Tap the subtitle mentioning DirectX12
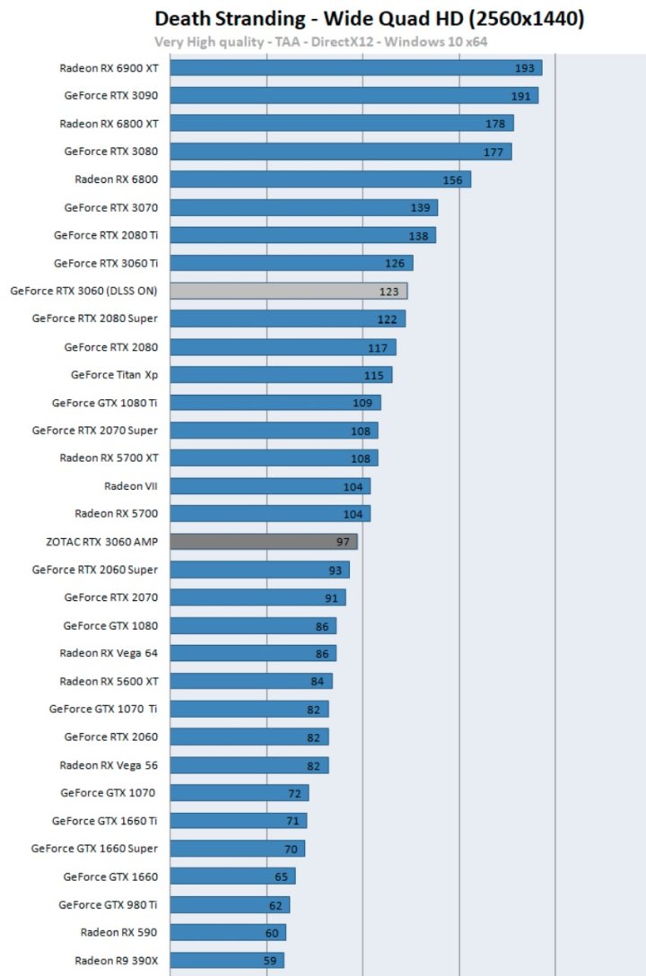pos(320,41)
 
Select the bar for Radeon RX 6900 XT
pos(355,68)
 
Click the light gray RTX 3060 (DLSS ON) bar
pos(288,291)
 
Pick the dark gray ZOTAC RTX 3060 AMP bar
pos(263,541)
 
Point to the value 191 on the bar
pos(521,96)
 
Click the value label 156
pos(452,179)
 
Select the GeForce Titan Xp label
pos(114,374)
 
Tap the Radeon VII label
pos(131,485)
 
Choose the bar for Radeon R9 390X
pos(226,960)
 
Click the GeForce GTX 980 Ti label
pos(108,904)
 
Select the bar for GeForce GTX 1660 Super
pos(237,849)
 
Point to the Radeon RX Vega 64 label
pos(109,652)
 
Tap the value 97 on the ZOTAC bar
pos(343,542)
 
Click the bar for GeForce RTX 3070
pos(303,207)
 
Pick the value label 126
pos(395,263)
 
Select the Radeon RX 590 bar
pos(227,932)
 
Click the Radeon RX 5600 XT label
pos(109,680)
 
